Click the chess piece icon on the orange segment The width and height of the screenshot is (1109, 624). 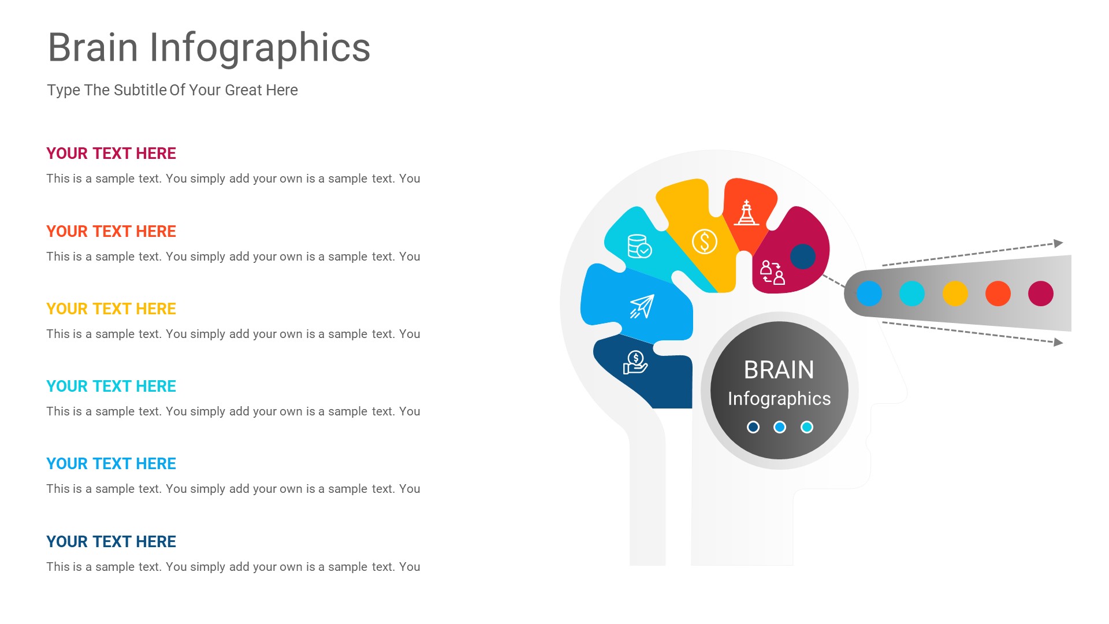click(746, 213)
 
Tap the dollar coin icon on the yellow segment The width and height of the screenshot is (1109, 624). click(705, 242)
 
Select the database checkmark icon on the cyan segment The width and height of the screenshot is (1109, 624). click(639, 246)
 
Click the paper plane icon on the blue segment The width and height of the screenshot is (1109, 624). click(642, 306)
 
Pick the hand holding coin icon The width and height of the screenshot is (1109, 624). click(635, 363)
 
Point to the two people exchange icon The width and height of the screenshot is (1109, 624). click(772, 272)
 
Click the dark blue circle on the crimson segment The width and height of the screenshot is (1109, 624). click(802, 257)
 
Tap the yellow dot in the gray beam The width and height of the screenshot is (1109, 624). click(955, 294)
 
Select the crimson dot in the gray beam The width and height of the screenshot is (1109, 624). click(1040, 294)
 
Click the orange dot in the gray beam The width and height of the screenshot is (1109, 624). click(998, 294)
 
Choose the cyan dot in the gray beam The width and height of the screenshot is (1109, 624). click(911, 294)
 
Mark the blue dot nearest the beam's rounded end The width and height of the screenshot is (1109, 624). click(869, 294)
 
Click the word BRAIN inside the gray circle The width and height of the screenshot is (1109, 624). click(779, 370)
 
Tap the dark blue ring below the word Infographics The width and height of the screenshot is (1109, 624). click(753, 427)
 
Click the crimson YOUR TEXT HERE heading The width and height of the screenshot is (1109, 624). click(111, 154)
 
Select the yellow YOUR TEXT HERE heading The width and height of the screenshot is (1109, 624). click(111, 309)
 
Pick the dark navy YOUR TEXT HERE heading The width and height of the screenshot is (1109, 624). click(111, 542)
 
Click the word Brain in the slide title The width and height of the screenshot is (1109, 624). click(93, 47)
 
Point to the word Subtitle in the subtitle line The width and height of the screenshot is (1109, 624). click(140, 90)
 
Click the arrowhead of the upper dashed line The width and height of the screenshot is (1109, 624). click(1058, 243)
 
